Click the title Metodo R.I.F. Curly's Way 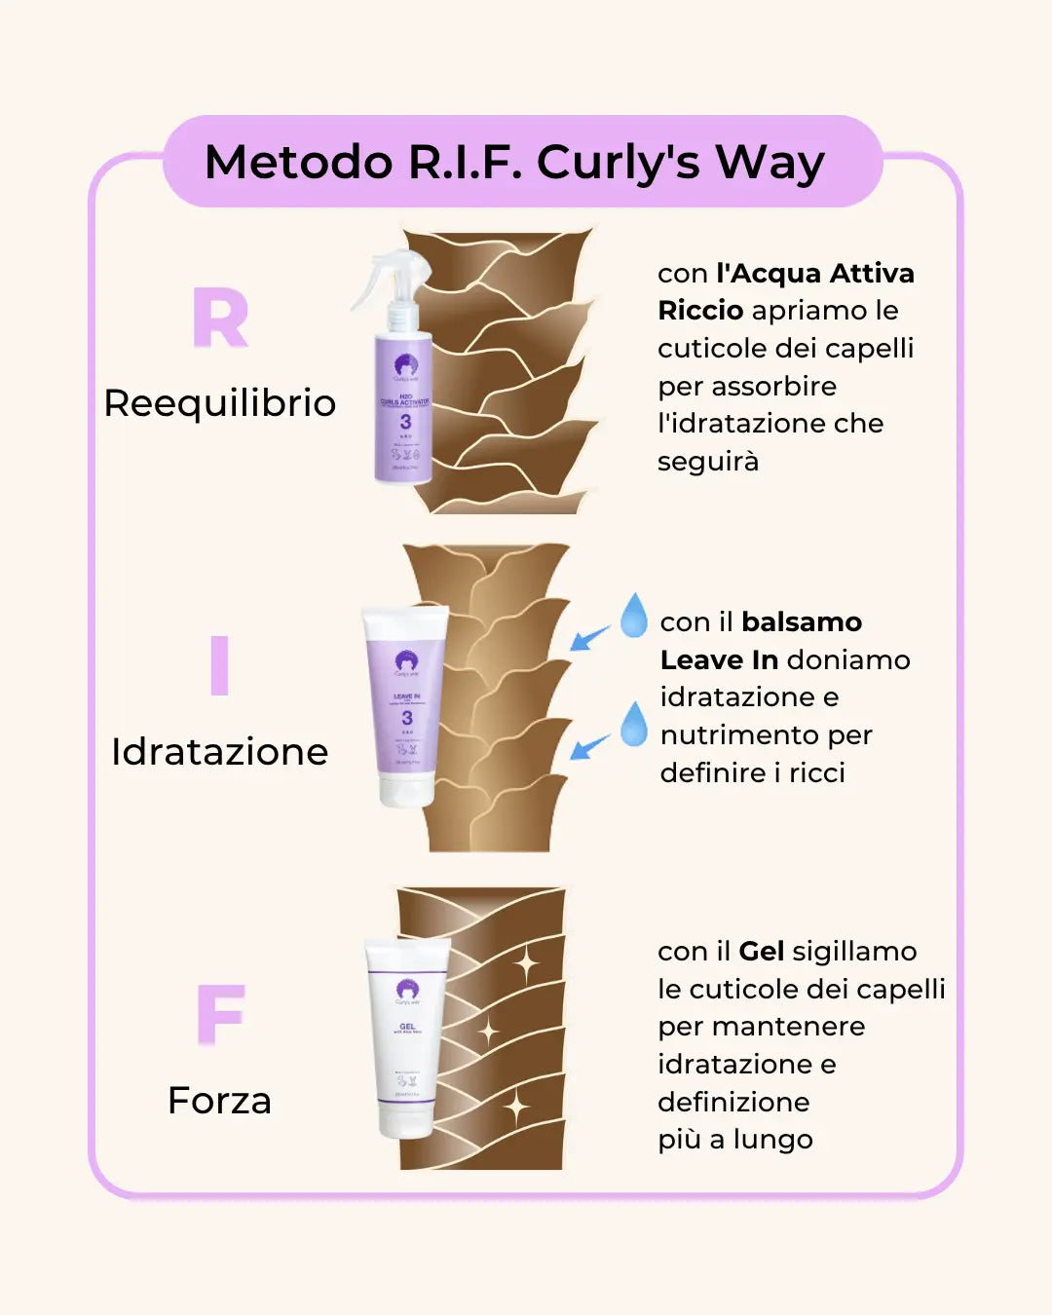click(514, 162)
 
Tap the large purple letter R click(220, 319)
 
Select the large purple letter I click(219, 665)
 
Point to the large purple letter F click(221, 1014)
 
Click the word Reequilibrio click(219, 403)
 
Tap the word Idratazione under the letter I click(219, 752)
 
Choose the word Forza click(219, 1101)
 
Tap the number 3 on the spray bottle click(405, 422)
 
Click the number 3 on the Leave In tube click(407, 718)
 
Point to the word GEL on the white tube click(407, 1026)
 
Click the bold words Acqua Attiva click(814, 273)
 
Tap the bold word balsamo click(802, 621)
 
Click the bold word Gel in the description click(762, 951)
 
